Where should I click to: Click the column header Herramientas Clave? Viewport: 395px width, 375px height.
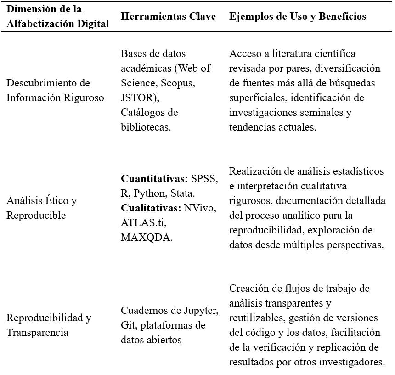point(168,16)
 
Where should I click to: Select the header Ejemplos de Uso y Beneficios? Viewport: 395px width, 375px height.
point(298,16)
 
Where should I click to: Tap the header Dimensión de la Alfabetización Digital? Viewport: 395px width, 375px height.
point(58,16)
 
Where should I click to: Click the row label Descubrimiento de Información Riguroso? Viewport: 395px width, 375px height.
point(55,90)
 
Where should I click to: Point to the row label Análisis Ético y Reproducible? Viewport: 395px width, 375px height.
point(41,208)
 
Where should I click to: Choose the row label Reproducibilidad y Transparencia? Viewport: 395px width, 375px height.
point(49,325)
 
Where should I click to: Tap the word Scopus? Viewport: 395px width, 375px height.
point(177,83)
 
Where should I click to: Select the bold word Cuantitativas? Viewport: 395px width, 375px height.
point(154,178)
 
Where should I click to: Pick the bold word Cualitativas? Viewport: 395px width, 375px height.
point(151,208)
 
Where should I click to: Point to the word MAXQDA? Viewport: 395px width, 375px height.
point(147,237)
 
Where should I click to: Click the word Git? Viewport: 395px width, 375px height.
point(129,325)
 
